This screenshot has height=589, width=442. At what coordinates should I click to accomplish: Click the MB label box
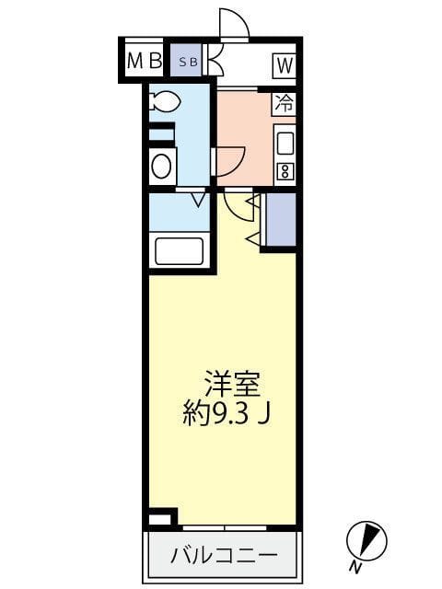click(144, 62)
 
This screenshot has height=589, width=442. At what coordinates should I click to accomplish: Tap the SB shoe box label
click(187, 62)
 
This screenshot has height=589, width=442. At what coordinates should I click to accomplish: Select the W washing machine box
click(283, 64)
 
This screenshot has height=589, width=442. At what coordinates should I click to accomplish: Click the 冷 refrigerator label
click(284, 104)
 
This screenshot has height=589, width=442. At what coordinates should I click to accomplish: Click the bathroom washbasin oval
click(162, 167)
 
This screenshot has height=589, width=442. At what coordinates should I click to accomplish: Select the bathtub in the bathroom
click(179, 250)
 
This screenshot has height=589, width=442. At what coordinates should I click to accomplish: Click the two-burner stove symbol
click(285, 171)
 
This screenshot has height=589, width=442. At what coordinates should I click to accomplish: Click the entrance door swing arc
click(234, 24)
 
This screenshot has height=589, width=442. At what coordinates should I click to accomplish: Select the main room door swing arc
click(238, 206)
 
